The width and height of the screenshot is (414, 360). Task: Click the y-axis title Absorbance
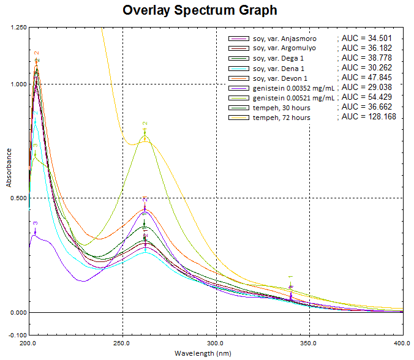(9, 182)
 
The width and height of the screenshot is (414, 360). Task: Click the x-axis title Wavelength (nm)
(203, 353)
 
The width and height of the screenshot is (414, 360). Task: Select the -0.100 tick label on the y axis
(16, 335)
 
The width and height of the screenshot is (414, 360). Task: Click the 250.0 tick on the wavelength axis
(122, 343)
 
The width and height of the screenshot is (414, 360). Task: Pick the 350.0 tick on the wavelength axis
(309, 343)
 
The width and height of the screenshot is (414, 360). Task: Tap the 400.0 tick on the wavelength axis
(402, 343)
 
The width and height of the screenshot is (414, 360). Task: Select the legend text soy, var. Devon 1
(280, 78)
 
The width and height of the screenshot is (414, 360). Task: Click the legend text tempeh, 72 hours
(281, 118)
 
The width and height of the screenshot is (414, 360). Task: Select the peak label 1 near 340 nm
(291, 277)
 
